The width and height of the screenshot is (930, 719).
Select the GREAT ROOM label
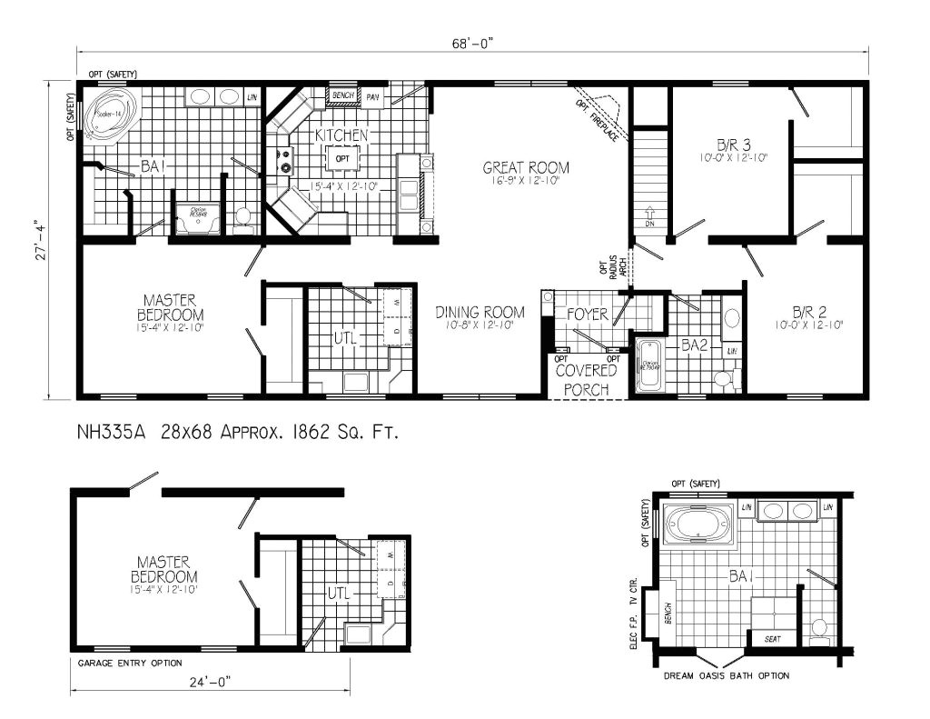point(526,167)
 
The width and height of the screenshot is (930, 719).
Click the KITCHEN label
point(341,135)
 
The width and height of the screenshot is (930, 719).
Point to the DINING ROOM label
point(480,313)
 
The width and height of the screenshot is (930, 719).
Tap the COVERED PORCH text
point(586,380)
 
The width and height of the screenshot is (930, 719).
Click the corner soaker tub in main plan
point(106,119)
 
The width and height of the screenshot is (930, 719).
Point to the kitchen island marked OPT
point(342,160)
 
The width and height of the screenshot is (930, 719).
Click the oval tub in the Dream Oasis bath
point(698,525)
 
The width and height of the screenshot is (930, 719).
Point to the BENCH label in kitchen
point(342,95)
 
